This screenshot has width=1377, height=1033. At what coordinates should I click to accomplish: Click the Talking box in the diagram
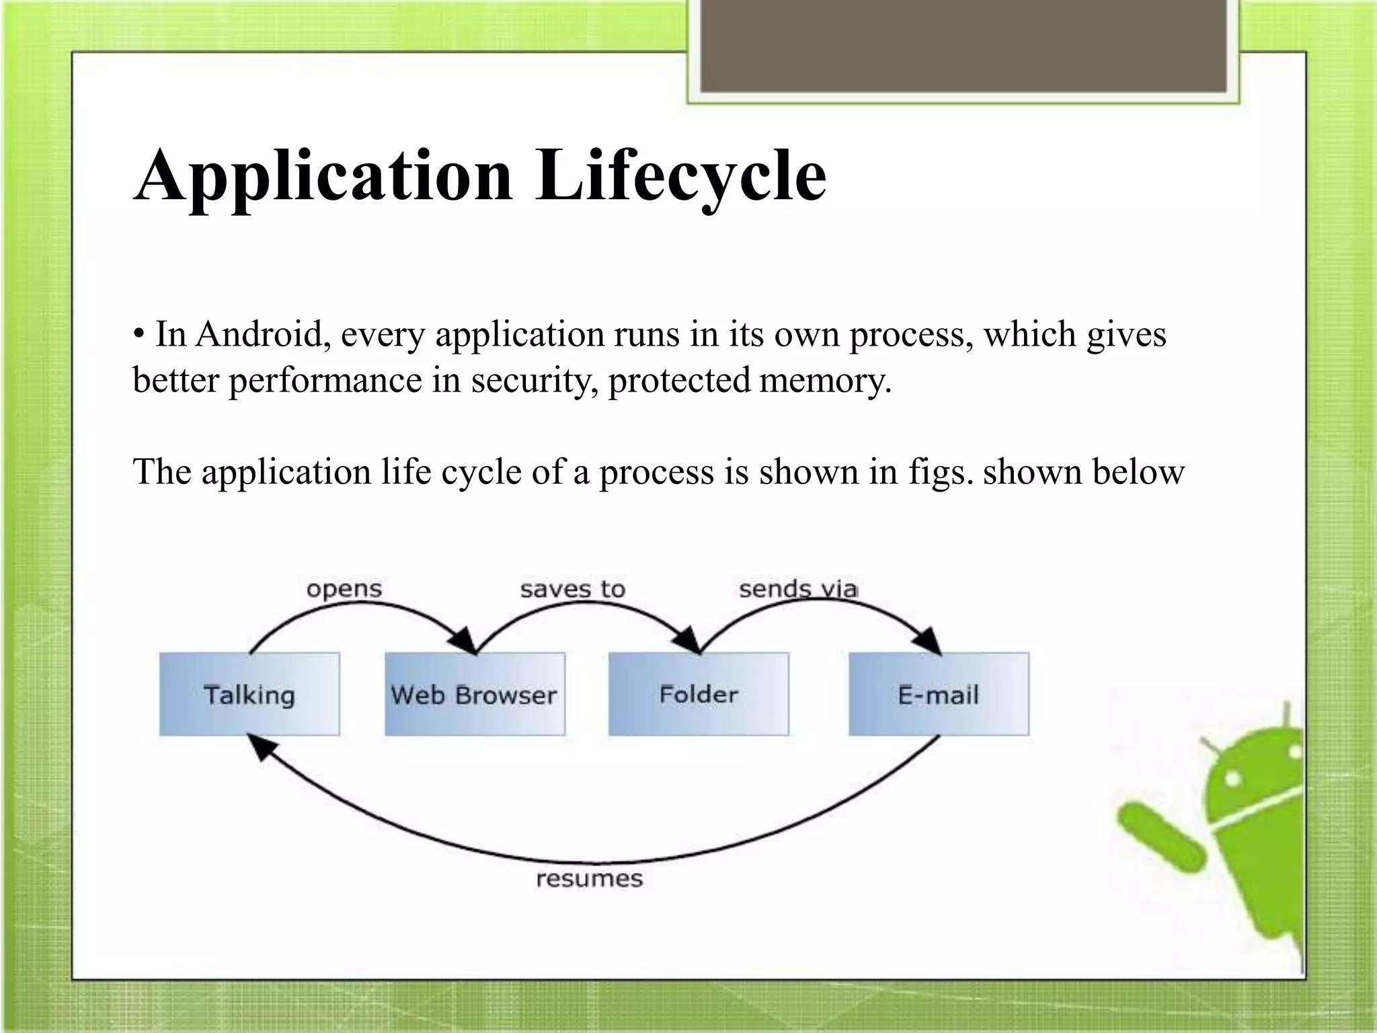[249, 694]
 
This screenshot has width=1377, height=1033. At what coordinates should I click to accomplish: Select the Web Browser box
[475, 694]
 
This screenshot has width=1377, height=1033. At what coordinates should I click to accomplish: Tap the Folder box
[699, 694]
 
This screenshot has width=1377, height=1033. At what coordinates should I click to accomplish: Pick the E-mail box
[939, 694]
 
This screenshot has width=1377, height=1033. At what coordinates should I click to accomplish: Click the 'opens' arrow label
[344, 590]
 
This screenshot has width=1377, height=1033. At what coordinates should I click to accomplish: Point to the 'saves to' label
[572, 590]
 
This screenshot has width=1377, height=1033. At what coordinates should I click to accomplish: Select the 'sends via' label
[797, 590]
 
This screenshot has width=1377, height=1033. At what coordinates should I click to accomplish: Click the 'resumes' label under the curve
[589, 879]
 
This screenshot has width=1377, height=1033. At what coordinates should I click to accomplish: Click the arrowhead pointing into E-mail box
[931, 642]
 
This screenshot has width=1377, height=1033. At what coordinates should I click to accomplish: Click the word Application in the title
[323, 176]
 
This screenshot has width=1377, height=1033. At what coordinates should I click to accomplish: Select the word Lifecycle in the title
[680, 176]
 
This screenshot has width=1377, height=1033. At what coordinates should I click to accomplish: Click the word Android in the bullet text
[263, 335]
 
